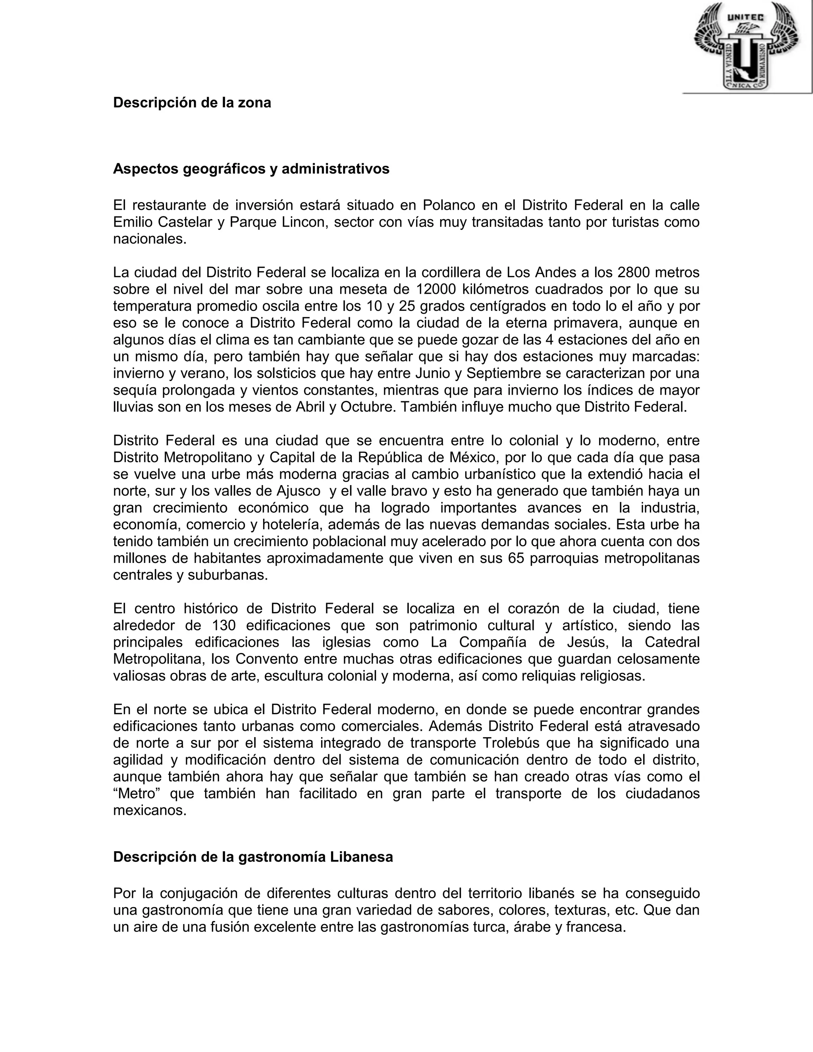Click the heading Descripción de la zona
[192, 102]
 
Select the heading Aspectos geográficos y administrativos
[251, 169]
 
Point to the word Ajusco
[299, 491]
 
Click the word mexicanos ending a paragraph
[149, 811]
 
